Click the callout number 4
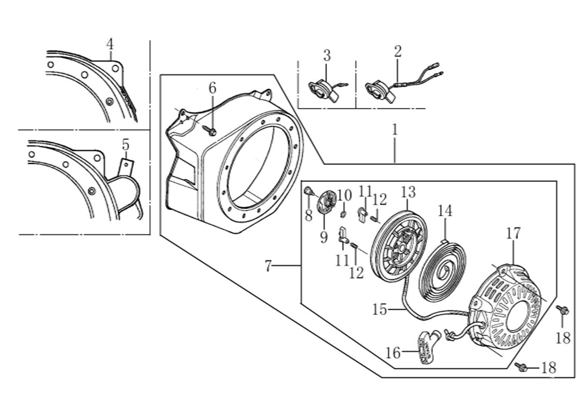110,44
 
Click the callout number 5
125,144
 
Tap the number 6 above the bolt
212,88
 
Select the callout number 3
327,55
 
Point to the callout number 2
397,51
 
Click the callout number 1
395,129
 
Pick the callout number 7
268,266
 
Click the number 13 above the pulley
408,192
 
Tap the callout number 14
445,211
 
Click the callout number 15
379,309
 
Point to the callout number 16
393,353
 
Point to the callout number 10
344,196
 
